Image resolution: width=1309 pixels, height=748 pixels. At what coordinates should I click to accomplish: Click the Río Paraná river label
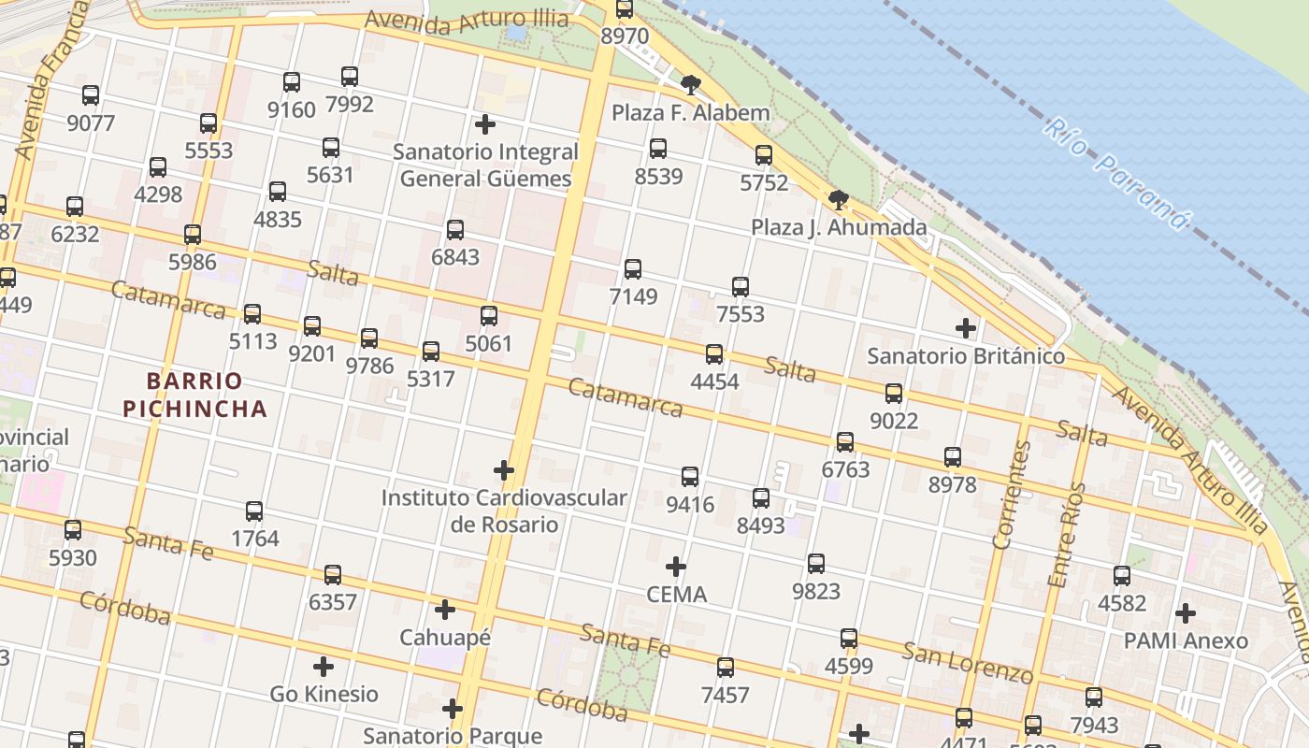coord(1118,174)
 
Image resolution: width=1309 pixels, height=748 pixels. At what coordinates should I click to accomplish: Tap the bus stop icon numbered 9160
coord(292,82)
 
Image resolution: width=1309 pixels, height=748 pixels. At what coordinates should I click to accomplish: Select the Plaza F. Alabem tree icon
coord(691,85)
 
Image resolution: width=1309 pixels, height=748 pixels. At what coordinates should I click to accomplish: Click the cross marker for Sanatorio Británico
coord(966,328)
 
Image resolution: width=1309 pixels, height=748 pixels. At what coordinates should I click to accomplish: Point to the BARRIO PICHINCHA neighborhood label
coord(195,395)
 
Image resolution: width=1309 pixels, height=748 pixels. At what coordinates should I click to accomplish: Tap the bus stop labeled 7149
coord(633,269)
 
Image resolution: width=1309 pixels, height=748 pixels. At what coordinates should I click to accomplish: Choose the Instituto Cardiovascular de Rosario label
coord(504,511)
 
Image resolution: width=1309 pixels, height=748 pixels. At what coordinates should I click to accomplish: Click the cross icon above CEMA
coord(676,567)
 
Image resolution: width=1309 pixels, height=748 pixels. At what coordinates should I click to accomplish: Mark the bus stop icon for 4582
coord(1122,576)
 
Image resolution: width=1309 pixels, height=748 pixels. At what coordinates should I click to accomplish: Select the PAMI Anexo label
coord(1186,640)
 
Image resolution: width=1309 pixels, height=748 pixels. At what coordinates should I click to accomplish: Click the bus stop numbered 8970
coord(625,9)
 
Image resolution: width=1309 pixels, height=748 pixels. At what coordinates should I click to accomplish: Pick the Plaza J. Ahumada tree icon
coord(839,199)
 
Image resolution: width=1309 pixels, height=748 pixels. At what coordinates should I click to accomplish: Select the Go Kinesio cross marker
coord(324,667)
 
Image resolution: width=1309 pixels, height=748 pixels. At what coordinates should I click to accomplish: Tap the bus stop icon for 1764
coord(254,511)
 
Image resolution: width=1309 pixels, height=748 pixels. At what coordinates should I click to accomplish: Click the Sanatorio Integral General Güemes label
coord(485,165)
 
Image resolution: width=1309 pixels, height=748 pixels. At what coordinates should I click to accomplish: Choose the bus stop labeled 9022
coord(894,394)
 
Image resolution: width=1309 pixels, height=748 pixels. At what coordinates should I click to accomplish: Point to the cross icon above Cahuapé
coord(445,611)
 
